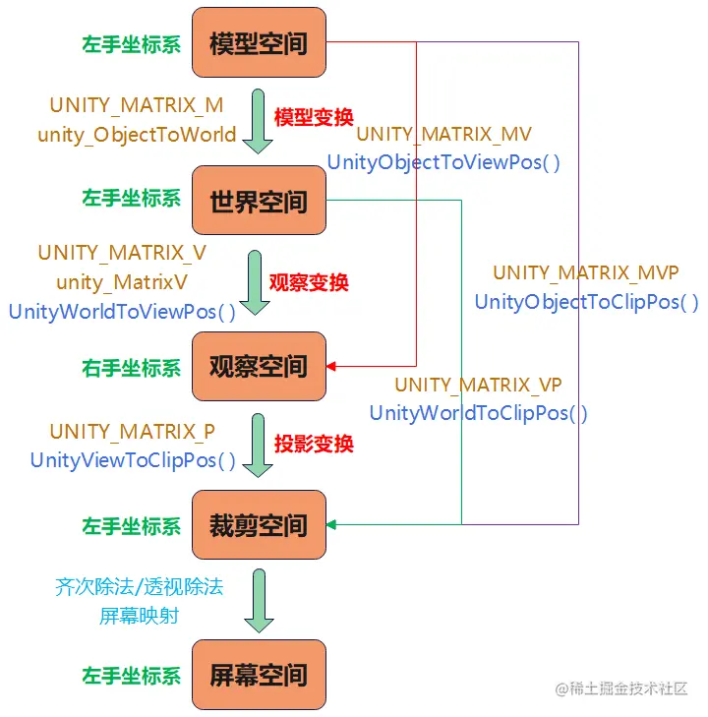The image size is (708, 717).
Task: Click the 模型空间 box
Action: point(259,43)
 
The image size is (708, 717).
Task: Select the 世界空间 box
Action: point(259,201)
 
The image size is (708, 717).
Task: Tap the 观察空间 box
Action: point(259,367)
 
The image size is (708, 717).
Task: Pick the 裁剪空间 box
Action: point(259,525)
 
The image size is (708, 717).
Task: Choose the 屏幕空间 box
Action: point(259,675)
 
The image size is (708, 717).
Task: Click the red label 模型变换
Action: point(314,117)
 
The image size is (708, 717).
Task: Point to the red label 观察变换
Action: point(310,282)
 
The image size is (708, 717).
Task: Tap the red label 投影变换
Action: point(314,444)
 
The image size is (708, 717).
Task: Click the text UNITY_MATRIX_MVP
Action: point(585,272)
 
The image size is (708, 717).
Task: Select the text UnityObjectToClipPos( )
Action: point(587,302)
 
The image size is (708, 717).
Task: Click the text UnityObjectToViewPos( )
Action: point(443,162)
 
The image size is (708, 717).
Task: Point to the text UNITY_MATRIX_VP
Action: point(478,385)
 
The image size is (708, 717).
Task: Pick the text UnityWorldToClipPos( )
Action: point(479,413)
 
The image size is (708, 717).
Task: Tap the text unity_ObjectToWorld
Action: point(137,135)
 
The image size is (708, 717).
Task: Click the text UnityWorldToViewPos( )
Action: point(122,312)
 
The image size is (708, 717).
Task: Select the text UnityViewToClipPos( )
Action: point(133,459)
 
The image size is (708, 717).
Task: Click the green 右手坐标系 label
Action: point(132,368)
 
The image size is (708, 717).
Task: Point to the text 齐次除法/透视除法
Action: point(139,587)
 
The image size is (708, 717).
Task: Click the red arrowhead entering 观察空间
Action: point(332,366)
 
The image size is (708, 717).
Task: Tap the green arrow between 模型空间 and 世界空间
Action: point(258,122)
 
